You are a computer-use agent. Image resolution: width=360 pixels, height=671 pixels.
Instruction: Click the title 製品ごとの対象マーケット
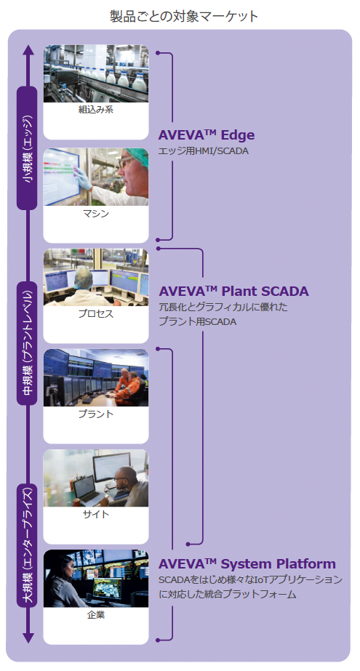click(x=184, y=16)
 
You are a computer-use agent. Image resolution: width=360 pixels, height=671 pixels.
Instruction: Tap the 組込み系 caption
click(x=96, y=110)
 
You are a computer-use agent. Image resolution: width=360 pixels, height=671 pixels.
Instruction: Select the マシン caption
click(x=96, y=214)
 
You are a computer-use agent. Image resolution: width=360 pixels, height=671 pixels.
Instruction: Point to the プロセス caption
click(x=96, y=313)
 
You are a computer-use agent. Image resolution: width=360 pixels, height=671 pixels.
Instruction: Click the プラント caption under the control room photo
click(x=96, y=414)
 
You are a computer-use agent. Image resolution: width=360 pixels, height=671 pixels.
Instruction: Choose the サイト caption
click(x=96, y=514)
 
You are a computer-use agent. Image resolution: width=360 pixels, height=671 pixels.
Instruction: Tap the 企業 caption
click(x=96, y=615)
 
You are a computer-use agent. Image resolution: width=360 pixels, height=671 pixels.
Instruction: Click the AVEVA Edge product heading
click(x=207, y=134)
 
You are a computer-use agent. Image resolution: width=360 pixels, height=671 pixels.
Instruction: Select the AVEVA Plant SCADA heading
click(x=233, y=291)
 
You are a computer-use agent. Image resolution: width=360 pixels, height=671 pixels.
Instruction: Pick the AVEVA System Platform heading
click(x=247, y=563)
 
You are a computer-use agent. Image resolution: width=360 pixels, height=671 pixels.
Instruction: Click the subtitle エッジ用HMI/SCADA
click(x=204, y=151)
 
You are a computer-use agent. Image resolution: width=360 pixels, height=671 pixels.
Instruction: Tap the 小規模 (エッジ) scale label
click(x=28, y=148)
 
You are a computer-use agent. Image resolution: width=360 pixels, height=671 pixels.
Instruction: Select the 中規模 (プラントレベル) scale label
click(x=28, y=342)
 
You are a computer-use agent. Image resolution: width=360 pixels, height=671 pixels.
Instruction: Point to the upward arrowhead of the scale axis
click(x=28, y=50)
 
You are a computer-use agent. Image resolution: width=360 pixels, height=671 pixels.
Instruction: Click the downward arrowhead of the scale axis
click(x=28, y=638)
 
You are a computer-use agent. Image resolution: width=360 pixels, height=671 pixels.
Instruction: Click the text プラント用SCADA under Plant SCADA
click(x=197, y=322)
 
